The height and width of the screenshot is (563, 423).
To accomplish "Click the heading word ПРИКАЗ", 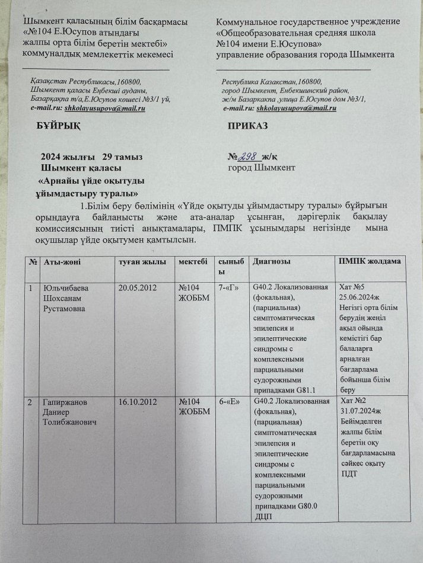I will [248, 127].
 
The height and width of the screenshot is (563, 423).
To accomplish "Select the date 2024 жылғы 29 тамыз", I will [91, 157].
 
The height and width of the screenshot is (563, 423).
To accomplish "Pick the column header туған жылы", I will [139, 261].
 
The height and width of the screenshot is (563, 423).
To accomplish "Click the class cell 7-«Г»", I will [228, 288].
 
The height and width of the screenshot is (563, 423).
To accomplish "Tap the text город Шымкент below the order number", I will [262, 168].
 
